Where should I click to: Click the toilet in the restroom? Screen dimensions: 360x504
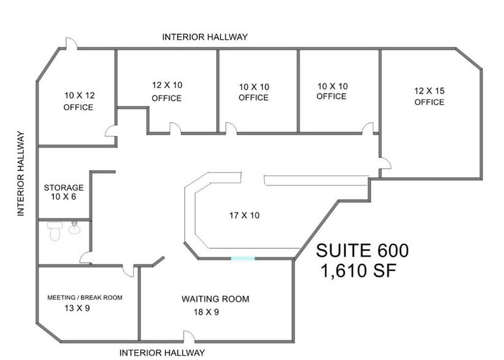(x=55, y=231)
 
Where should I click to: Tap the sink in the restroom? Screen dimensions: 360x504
(x=75, y=228)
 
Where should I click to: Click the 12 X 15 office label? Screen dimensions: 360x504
(x=429, y=96)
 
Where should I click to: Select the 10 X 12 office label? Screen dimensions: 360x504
(x=78, y=101)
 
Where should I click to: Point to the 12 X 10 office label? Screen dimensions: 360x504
(x=167, y=91)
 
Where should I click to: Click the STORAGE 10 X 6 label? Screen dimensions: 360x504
(x=64, y=192)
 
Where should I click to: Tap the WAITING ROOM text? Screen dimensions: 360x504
(x=215, y=299)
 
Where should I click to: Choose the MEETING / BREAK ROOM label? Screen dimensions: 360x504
(x=85, y=298)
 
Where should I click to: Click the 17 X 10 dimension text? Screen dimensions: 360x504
(x=245, y=215)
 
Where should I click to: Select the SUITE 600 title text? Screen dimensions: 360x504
(x=362, y=250)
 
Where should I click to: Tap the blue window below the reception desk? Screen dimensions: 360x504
(x=243, y=259)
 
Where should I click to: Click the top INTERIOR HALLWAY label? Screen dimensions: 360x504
(x=205, y=37)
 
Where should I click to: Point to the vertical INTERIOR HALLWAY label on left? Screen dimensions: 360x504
(x=21, y=173)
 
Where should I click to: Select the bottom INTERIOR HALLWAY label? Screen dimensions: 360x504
(x=162, y=353)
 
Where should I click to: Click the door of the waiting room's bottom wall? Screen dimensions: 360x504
(x=189, y=337)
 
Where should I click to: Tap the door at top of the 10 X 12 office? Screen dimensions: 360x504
(x=72, y=43)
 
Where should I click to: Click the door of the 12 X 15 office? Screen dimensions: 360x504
(x=385, y=163)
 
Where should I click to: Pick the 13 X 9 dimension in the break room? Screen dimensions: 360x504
(x=77, y=308)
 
